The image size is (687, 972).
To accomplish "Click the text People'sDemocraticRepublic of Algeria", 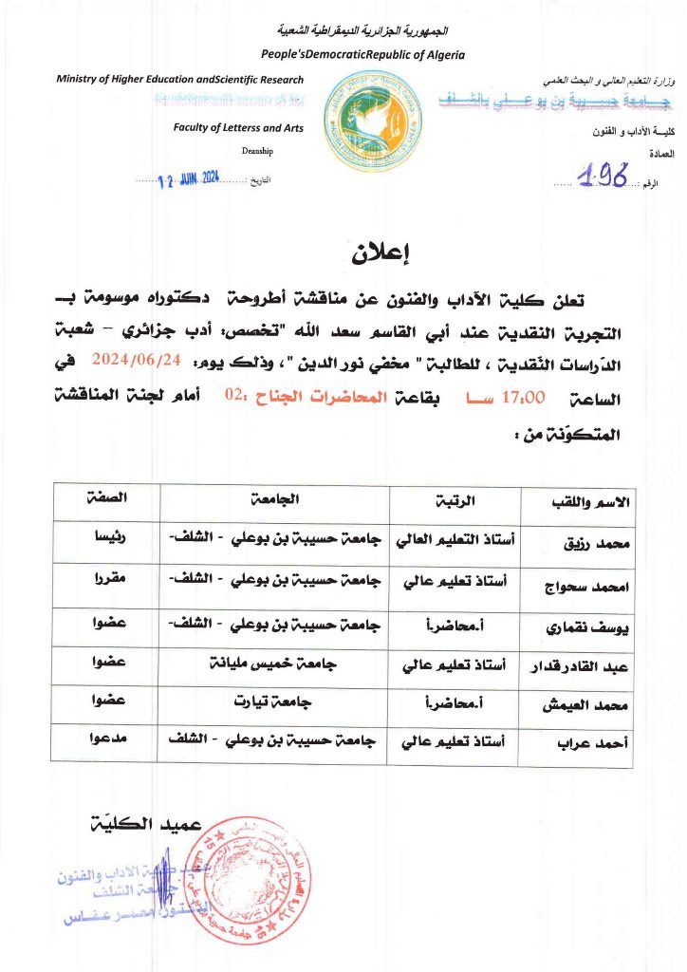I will click(362, 54).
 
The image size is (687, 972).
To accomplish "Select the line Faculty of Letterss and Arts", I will click(238, 127).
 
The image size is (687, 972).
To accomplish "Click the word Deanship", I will click(256, 150).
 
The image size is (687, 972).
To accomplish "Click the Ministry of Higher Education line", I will click(180, 80).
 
